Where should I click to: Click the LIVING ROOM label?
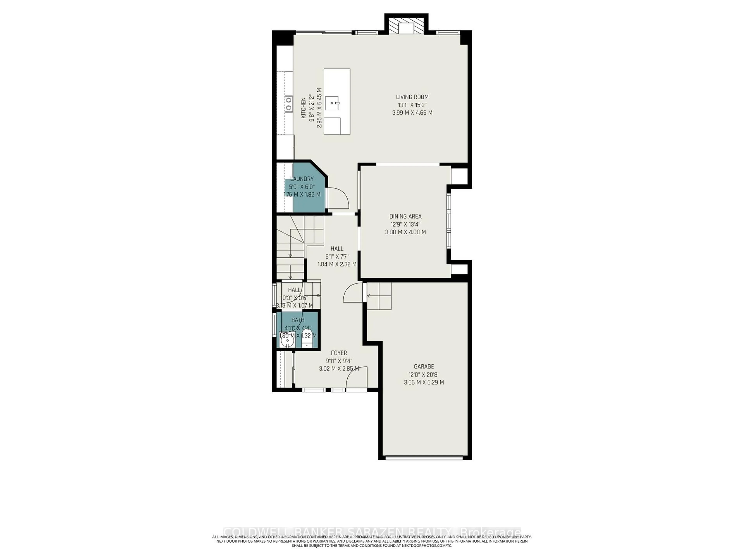[x=412, y=97]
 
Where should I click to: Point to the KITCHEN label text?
[x=68, y=108]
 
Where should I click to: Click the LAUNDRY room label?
[x=302, y=179]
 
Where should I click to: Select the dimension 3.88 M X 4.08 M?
[x=405, y=232]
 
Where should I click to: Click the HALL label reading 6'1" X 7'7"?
[x=337, y=249]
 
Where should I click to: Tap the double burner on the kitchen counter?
[x=53, y=104]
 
